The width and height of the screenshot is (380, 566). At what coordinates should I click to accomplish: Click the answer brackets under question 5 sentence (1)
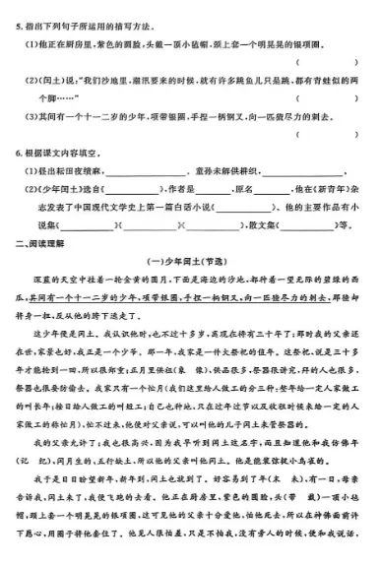coord(326,61)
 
